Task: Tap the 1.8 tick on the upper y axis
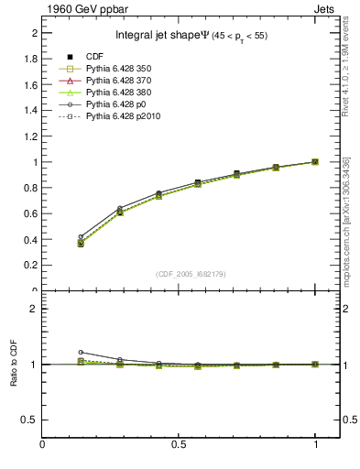coord(30,60)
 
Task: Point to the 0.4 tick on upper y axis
coord(30,240)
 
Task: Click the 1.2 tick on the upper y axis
coord(30,136)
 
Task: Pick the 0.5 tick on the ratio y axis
coord(30,420)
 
